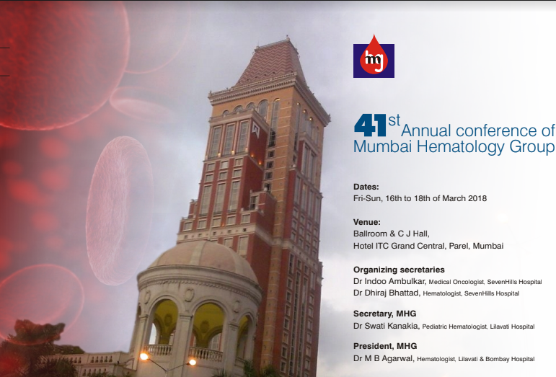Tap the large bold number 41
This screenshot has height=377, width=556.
coord(370,125)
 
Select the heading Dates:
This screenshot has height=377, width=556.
coord(366,187)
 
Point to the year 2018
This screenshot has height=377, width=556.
coord(477,198)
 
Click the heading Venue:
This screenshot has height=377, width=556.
coord(366,222)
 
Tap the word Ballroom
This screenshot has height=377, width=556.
coord(370,234)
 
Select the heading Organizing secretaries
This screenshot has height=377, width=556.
coord(399,270)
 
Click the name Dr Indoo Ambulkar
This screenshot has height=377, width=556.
coord(389,281)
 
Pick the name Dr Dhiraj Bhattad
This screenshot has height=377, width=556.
coord(387,293)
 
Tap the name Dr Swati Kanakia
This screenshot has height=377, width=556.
coord(386,326)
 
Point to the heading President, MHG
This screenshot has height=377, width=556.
coord(385,346)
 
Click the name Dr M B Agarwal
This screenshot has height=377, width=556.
coord(384,358)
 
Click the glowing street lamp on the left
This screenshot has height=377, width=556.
coord(144,356)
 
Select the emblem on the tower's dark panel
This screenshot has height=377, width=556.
coord(255,130)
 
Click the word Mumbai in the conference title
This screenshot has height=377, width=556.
coord(383,146)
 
